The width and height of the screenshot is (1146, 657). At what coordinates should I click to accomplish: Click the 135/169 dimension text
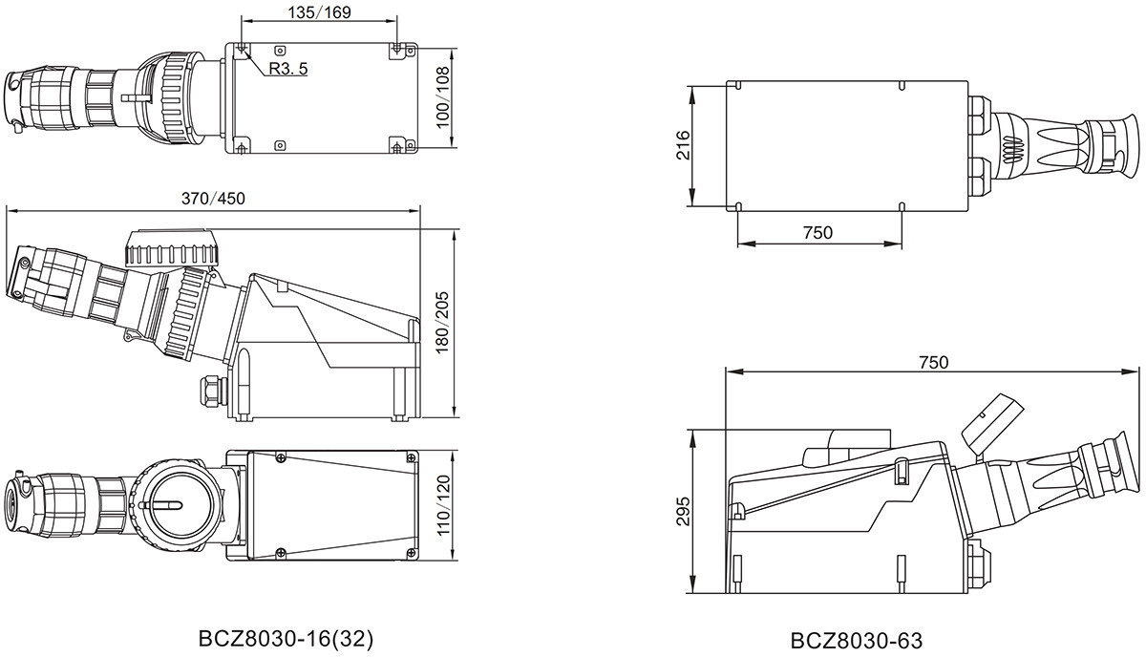[319, 12]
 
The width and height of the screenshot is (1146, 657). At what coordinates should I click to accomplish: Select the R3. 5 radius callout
[288, 69]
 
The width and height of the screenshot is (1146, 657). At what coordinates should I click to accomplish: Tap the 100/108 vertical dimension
[442, 97]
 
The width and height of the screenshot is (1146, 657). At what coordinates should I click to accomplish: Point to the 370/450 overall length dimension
[213, 199]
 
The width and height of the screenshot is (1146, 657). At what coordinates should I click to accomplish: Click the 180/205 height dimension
[441, 323]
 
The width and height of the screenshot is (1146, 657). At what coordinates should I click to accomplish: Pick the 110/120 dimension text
[443, 505]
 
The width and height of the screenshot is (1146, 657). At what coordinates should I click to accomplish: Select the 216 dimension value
[684, 146]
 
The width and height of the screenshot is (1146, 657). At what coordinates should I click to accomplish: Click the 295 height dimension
[684, 511]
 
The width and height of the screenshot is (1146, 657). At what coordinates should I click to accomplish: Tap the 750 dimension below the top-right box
[817, 233]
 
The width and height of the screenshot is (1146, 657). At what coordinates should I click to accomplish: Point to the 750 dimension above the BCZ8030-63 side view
[934, 363]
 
